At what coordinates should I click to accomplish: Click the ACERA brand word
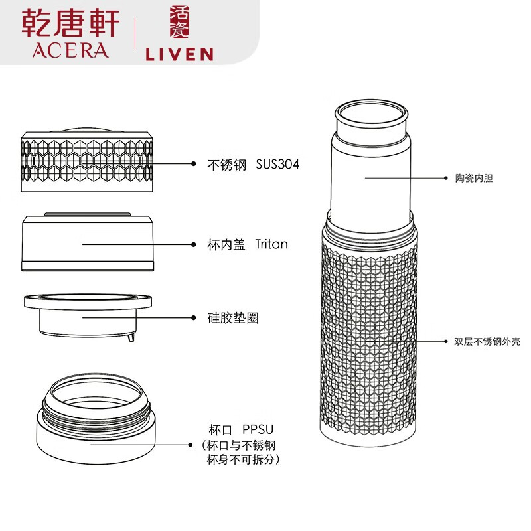pos(70,50)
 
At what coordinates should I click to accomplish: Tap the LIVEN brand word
pos(179,54)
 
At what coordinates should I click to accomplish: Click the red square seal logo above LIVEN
pos(179,22)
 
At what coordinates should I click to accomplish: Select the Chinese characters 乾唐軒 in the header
pos(70,23)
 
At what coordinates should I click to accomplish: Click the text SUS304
pos(277,164)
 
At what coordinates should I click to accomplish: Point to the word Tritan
pos(271,244)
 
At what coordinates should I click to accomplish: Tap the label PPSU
pos(258,429)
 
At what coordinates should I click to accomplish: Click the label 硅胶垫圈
pos(233,318)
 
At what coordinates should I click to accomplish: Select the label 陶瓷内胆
pos(474,178)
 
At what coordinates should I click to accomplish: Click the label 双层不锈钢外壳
pos(487,341)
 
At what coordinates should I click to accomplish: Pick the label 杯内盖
pos(226,244)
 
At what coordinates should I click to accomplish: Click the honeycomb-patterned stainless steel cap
pos(87,160)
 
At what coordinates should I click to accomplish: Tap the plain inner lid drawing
pos(88,242)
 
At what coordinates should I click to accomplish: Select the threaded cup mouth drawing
pos(96,418)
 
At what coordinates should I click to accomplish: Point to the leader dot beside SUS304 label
pos(194,163)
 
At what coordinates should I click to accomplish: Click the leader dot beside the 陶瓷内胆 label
pos(446,178)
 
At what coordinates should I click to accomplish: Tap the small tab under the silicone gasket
pos(131,338)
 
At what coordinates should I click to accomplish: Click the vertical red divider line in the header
pos(135,33)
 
